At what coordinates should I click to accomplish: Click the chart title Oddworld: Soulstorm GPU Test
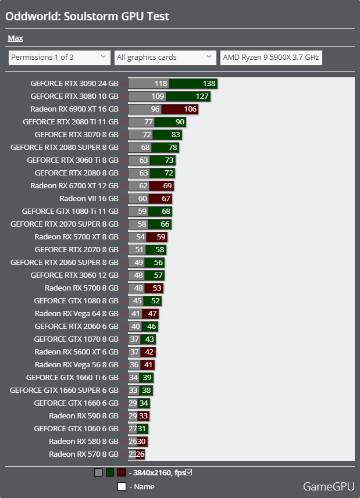coord(87,16)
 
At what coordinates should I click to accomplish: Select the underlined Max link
coord(15,38)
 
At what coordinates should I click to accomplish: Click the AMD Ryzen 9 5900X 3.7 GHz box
coord(271,57)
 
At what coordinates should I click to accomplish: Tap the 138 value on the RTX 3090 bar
coord(209,84)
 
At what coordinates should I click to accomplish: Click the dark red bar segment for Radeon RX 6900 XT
coord(180,109)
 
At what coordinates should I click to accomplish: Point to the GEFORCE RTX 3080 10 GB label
coord(74,96)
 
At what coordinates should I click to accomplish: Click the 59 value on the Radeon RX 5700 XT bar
coord(161,237)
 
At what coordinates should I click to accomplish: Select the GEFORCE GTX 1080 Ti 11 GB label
coord(70,212)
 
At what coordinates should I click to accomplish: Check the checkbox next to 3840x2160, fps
coord(188,472)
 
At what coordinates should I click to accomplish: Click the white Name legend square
coord(122,486)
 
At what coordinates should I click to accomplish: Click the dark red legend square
coord(121,473)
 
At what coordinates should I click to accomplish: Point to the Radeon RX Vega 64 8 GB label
coord(76,314)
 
